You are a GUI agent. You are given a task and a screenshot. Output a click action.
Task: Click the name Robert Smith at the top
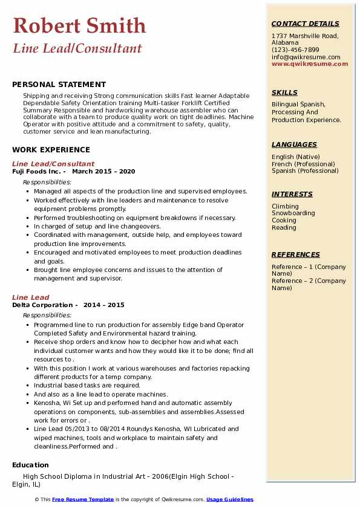(79, 25)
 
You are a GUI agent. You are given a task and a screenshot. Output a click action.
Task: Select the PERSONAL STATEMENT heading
(59, 85)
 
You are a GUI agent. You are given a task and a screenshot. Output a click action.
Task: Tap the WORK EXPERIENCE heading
(51, 149)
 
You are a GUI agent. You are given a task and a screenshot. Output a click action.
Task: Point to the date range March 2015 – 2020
(103, 171)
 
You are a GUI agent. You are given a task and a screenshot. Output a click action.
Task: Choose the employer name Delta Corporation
(41, 305)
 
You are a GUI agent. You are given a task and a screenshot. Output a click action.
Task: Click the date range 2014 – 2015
(104, 305)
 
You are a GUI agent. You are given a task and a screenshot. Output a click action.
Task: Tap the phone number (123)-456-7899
(295, 50)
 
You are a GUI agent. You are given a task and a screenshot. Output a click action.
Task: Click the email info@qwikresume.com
(306, 57)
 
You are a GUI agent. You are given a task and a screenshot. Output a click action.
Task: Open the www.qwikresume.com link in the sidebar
(306, 63)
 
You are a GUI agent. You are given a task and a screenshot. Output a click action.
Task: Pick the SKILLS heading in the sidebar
(284, 92)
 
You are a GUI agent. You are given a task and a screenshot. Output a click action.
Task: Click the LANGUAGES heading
(294, 144)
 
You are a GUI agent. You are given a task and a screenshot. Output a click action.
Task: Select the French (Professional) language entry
(303, 164)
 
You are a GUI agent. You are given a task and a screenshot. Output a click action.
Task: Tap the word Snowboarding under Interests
(293, 213)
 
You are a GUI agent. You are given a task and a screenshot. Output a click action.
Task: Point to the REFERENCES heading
(295, 254)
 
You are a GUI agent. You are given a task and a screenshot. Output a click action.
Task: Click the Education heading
(30, 465)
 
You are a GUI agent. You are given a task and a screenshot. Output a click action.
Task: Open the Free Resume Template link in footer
(83, 499)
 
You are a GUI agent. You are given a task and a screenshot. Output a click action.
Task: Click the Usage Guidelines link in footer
(229, 499)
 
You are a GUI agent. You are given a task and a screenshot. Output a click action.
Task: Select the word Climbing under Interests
(285, 206)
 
